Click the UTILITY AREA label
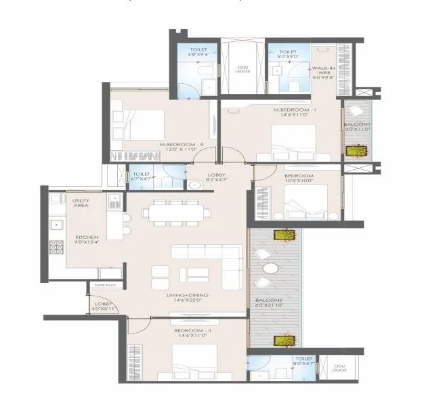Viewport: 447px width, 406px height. pyautogui.click(x=80, y=203)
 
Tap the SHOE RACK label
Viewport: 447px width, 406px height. pyautogui.click(x=105, y=285)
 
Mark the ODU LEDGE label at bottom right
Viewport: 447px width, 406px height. pyautogui.click(x=339, y=368)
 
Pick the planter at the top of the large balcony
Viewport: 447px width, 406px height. pyautogui.click(x=283, y=235)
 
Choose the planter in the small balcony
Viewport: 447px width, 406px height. pyautogui.click(x=356, y=150)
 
